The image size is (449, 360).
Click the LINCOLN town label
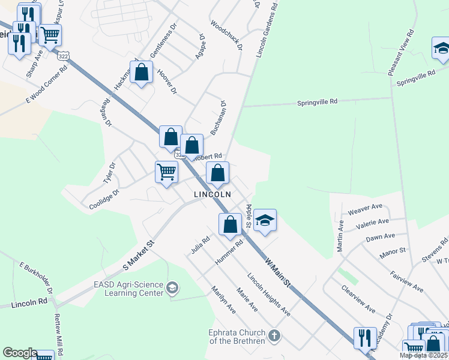[212, 195]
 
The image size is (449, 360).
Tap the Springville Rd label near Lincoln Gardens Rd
[318, 102]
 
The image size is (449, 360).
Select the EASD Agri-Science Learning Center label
[128, 289]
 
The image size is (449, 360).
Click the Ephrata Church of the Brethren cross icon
[274, 335]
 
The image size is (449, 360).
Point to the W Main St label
[278, 271]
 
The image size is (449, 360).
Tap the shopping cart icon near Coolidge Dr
[166, 172]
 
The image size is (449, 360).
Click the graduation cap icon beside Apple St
[264, 220]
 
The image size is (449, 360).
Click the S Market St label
[139, 254]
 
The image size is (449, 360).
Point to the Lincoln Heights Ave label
[268, 295]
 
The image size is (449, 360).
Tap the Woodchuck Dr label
[226, 35]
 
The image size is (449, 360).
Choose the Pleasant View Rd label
[400, 52]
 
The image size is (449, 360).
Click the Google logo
[19, 353]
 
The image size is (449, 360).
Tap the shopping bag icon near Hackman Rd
[142, 73]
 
